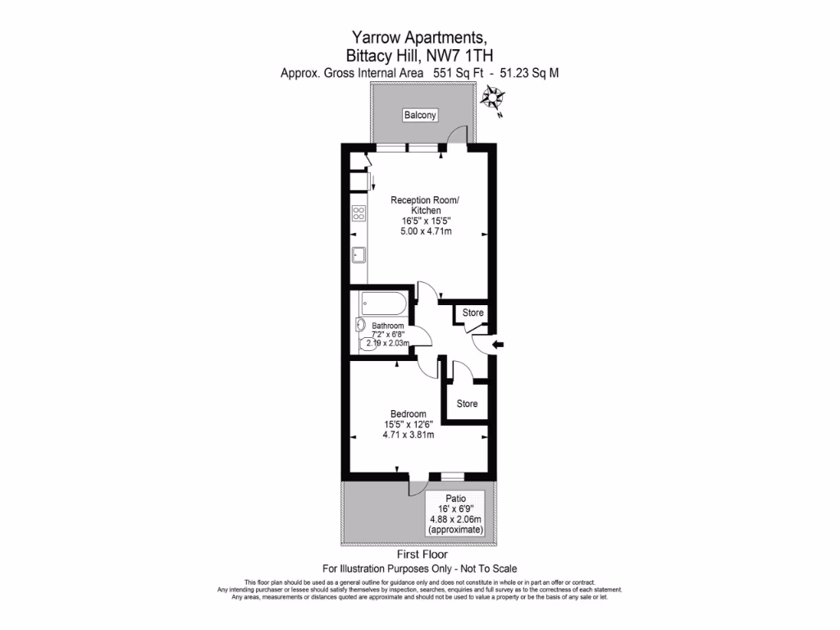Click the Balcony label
(x=420, y=116)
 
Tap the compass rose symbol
(x=493, y=101)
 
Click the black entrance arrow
(x=499, y=345)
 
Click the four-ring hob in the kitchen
(x=358, y=213)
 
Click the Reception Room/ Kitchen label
(x=425, y=205)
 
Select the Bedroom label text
(x=408, y=413)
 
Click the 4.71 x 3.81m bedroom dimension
(x=408, y=435)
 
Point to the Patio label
(x=456, y=498)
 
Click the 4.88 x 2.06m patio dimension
(x=456, y=520)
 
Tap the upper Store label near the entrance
(x=473, y=313)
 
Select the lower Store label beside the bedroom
(x=467, y=404)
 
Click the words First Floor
(x=420, y=555)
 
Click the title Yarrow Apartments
(x=420, y=37)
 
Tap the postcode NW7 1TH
(x=458, y=55)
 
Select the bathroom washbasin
(x=361, y=326)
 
